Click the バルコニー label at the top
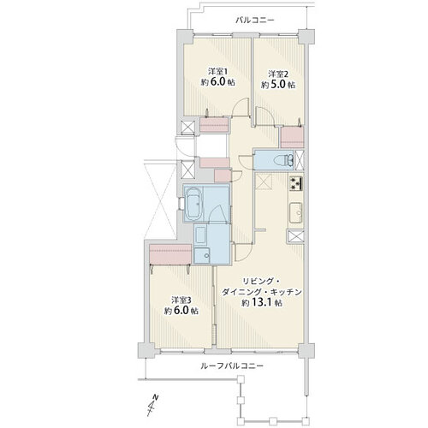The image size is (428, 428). tap(255, 21)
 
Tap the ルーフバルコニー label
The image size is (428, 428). tap(232, 366)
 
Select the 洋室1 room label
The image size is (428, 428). tap(216, 71)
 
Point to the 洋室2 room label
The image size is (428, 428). tap(278, 74)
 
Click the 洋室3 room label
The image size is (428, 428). tap(181, 300)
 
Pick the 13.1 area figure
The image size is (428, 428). tap(262, 302)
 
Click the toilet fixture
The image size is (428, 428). tap(283, 160)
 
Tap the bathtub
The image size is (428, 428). tap(194, 204)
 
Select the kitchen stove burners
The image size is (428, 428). tap(296, 183)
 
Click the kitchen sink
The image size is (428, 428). tap(296, 212)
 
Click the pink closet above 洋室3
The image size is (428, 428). tap(170, 254)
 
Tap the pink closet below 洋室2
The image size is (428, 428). tap(292, 137)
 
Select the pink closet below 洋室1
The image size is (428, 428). tap(214, 125)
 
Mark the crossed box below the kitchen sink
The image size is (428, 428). tap(295, 236)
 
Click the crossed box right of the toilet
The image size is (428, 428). tap(299, 160)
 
